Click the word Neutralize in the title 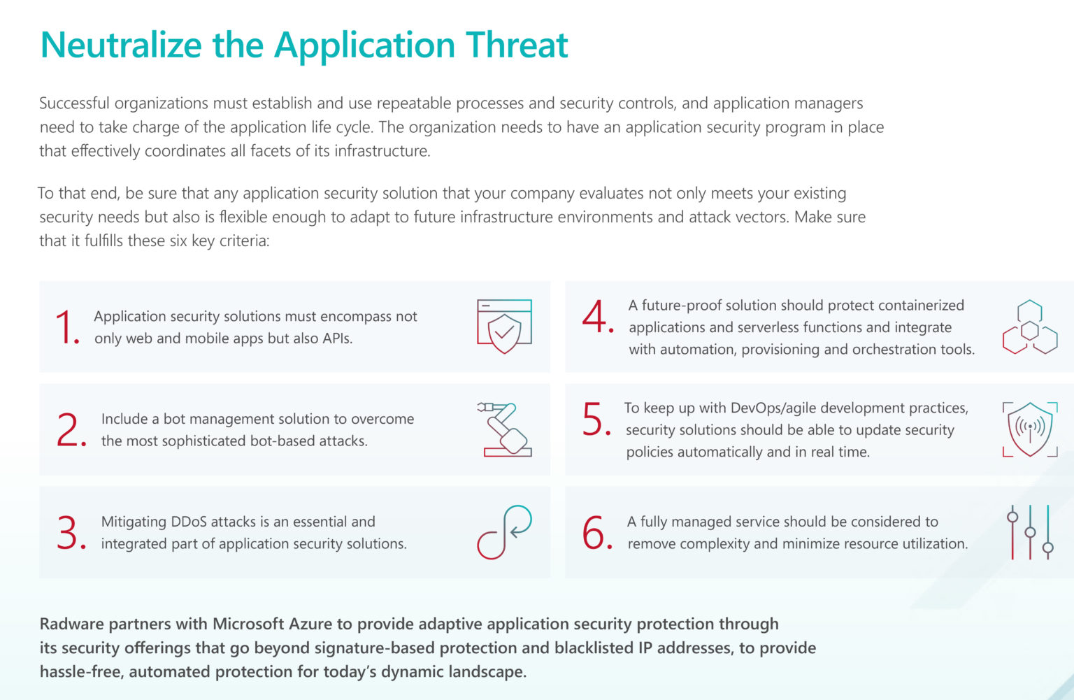pos(121,45)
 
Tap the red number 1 pos(68,327)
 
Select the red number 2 pos(71,430)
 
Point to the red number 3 pos(71,533)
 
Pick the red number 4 pos(597,317)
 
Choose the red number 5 pos(596,420)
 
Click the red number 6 pos(597,533)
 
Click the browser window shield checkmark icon pos(504,326)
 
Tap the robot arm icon pos(505,429)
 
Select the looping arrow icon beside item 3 pos(504,532)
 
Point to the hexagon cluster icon pos(1030,327)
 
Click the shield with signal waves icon pos(1030,429)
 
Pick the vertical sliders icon pos(1030,532)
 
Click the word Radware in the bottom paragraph pos(72,624)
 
